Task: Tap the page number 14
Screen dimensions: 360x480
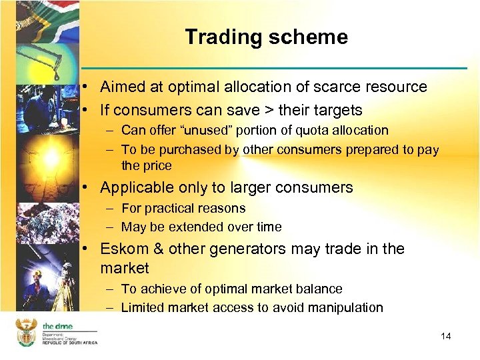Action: coord(446,336)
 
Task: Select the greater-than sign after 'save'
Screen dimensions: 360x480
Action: coord(265,109)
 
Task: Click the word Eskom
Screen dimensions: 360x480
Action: coord(121,249)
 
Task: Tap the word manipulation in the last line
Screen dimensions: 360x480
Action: coord(347,308)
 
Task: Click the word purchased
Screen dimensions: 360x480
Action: coord(188,150)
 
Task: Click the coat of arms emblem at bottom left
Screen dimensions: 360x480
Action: coord(26,332)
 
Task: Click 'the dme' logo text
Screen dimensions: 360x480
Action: coord(58,326)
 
